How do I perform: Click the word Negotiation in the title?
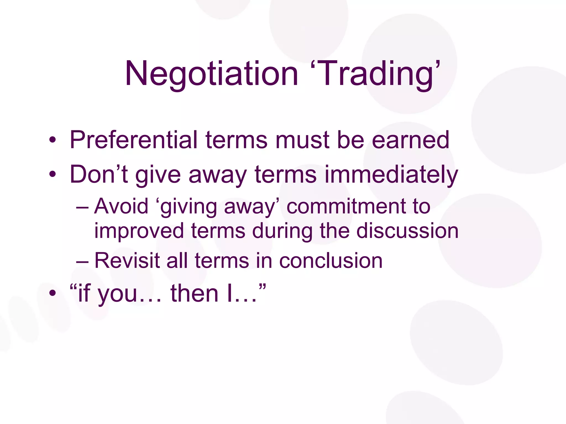[211, 74]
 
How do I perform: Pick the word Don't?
[99, 174]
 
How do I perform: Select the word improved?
[139, 231]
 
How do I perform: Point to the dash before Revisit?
[82, 261]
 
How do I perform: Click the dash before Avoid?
[82, 207]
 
